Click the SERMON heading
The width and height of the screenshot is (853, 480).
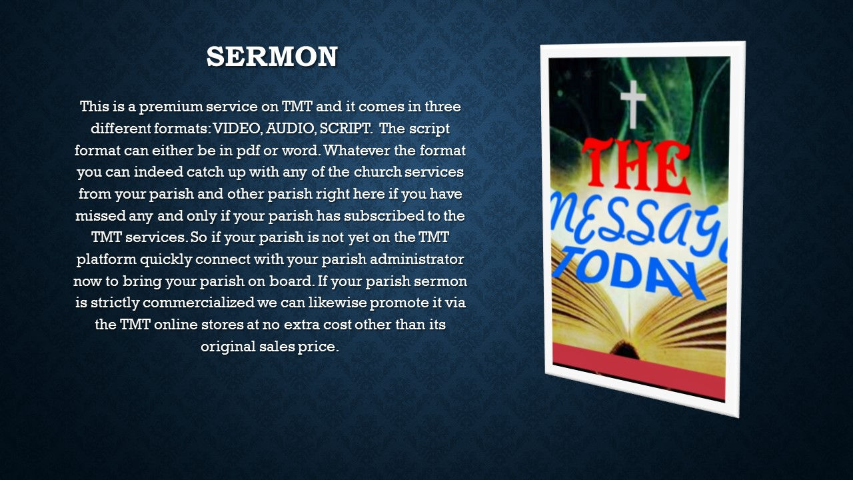coord(272,57)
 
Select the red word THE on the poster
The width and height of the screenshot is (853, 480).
coord(636,167)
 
